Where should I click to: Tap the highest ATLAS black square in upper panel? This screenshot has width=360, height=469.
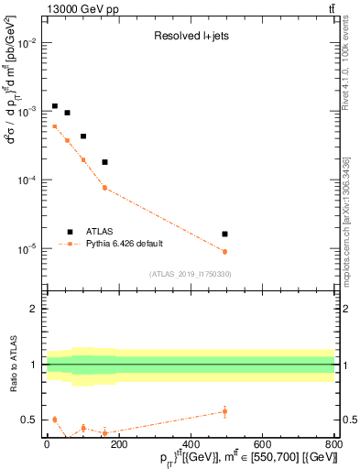pyautogui.click(x=55, y=106)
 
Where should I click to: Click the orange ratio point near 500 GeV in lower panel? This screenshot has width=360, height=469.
pyautogui.click(x=224, y=411)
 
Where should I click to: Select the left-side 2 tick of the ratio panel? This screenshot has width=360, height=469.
pyautogui.click(x=35, y=309)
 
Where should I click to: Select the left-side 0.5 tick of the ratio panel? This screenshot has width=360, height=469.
pyautogui.click(x=30, y=420)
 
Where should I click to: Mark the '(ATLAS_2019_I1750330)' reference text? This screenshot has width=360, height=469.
pyautogui.click(x=190, y=274)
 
